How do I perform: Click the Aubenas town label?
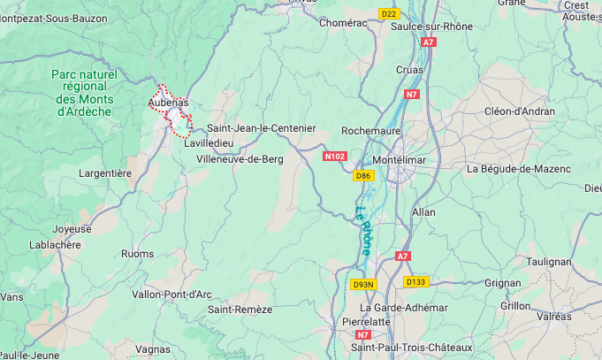(168, 103)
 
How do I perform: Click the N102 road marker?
(335, 157)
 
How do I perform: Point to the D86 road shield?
(362, 176)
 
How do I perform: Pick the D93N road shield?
(363, 284)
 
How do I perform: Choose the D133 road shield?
(415, 281)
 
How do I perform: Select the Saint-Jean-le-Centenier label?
(261, 128)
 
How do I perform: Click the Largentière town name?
(105, 173)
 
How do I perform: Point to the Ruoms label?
(137, 253)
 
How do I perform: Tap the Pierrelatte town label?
(366, 321)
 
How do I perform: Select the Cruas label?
(409, 70)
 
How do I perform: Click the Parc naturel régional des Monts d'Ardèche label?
(84, 93)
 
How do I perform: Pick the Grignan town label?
(502, 283)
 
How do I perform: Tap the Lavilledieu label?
(210, 142)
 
